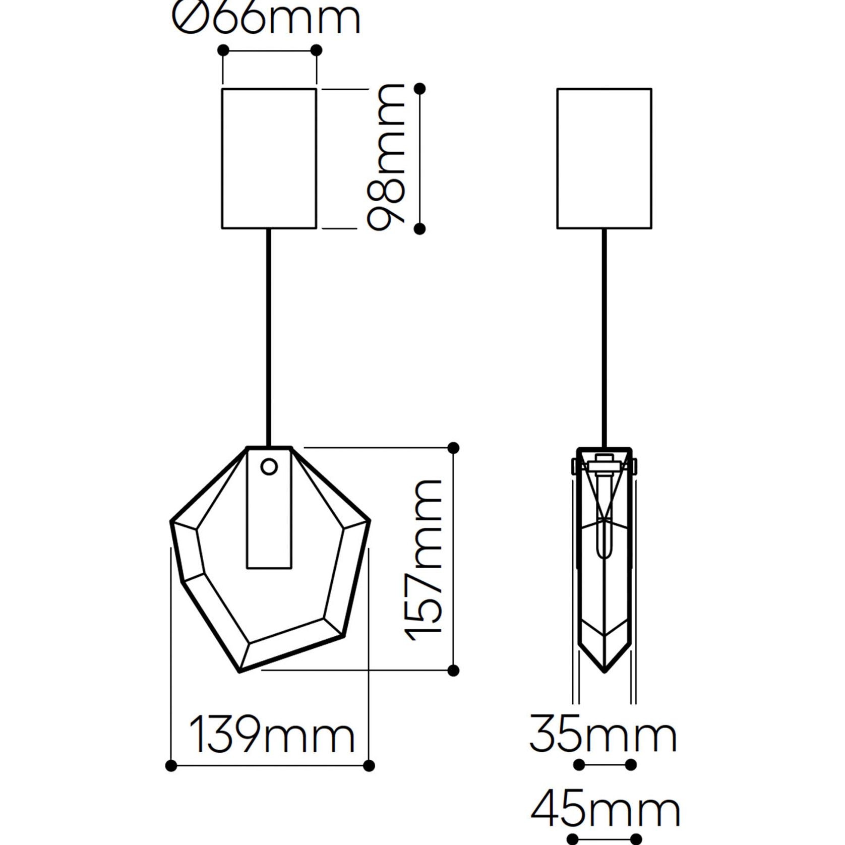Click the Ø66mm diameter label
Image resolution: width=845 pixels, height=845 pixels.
(266, 18)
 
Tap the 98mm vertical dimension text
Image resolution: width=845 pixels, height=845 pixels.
(386, 157)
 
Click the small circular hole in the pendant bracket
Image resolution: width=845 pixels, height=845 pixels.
(270, 467)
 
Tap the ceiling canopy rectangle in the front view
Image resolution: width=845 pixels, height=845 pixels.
(269, 158)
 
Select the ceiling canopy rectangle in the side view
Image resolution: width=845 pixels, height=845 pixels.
(604, 158)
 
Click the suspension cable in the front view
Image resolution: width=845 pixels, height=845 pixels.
(269, 338)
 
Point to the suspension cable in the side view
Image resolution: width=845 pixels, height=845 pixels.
(605, 338)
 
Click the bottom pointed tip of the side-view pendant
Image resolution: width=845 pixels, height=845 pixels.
(605, 671)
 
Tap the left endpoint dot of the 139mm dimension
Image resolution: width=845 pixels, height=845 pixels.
(171, 766)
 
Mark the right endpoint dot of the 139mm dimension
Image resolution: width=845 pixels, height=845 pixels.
(369, 766)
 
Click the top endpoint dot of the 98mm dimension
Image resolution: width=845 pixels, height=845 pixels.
(419, 89)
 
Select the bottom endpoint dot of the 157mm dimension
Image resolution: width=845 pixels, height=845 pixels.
(453, 670)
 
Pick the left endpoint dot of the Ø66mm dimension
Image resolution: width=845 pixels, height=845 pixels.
(223, 50)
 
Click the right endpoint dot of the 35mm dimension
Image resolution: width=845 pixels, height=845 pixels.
(631, 765)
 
